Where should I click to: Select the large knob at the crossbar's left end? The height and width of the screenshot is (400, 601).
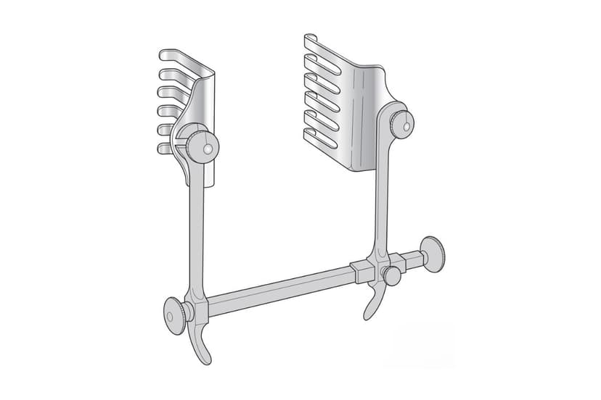pyautogui.click(x=174, y=314)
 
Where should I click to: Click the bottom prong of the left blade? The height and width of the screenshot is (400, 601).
pyautogui.click(x=165, y=148)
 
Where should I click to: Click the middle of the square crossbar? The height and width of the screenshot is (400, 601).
pyautogui.click(x=283, y=284)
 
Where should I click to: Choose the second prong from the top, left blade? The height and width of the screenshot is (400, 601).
pyautogui.click(x=168, y=74)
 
